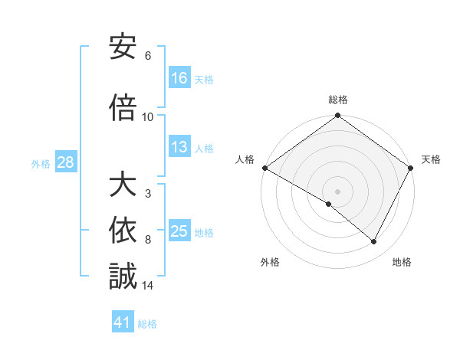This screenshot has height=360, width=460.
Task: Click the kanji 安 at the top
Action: coord(123,47)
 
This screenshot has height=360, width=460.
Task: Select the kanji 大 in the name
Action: coord(123,185)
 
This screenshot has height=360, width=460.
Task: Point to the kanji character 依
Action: coord(123,230)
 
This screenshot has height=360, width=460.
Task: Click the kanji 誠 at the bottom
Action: coord(123,276)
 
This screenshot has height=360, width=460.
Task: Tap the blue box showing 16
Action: coord(179,78)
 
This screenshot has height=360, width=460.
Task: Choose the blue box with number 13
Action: coord(179,148)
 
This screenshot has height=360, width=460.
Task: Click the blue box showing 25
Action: coord(179,232)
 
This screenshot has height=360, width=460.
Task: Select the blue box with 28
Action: coord(65,162)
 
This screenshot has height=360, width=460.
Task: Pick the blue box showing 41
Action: coord(123,322)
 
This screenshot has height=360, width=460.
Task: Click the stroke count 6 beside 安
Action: coord(147,56)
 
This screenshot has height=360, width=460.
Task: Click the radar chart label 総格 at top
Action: coord(337,100)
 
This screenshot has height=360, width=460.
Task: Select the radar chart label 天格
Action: coord(431,159)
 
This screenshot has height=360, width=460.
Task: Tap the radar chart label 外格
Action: coord(270,262)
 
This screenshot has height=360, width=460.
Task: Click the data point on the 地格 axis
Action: coord(374,242)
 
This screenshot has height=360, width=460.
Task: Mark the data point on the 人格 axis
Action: coord(264,168)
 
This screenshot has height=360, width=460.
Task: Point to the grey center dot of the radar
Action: coord(337,191)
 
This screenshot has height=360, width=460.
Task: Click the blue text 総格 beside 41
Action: coord(147,324)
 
